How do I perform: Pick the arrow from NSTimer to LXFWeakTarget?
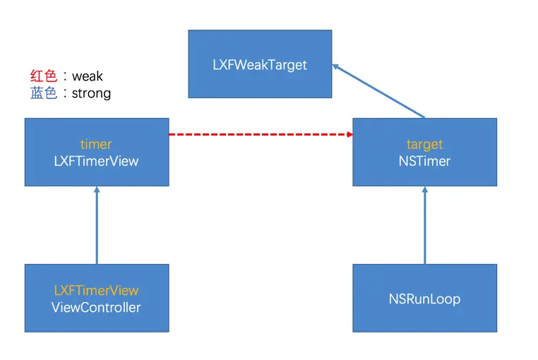pyautogui.click(x=379, y=90)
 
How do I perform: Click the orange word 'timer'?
pyautogui.click(x=96, y=144)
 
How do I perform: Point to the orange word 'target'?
pyautogui.click(x=424, y=144)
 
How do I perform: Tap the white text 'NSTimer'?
pyautogui.click(x=424, y=161)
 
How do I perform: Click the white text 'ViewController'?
pyautogui.click(x=96, y=307)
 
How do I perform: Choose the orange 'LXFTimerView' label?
pyautogui.click(x=96, y=290)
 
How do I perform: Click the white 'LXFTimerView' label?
pyautogui.click(x=96, y=161)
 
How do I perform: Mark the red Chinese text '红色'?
pyautogui.click(x=43, y=76)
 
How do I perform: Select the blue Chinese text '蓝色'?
pyautogui.click(x=43, y=93)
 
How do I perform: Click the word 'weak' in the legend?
pyautogui.click(x=88, y=76)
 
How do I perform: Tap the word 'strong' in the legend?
pyautogui.click(x=91, y=93)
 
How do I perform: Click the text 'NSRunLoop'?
pyautogui.click(x=424, y=299)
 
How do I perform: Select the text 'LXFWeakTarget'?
pyautogui.click(x=260, y=64)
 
